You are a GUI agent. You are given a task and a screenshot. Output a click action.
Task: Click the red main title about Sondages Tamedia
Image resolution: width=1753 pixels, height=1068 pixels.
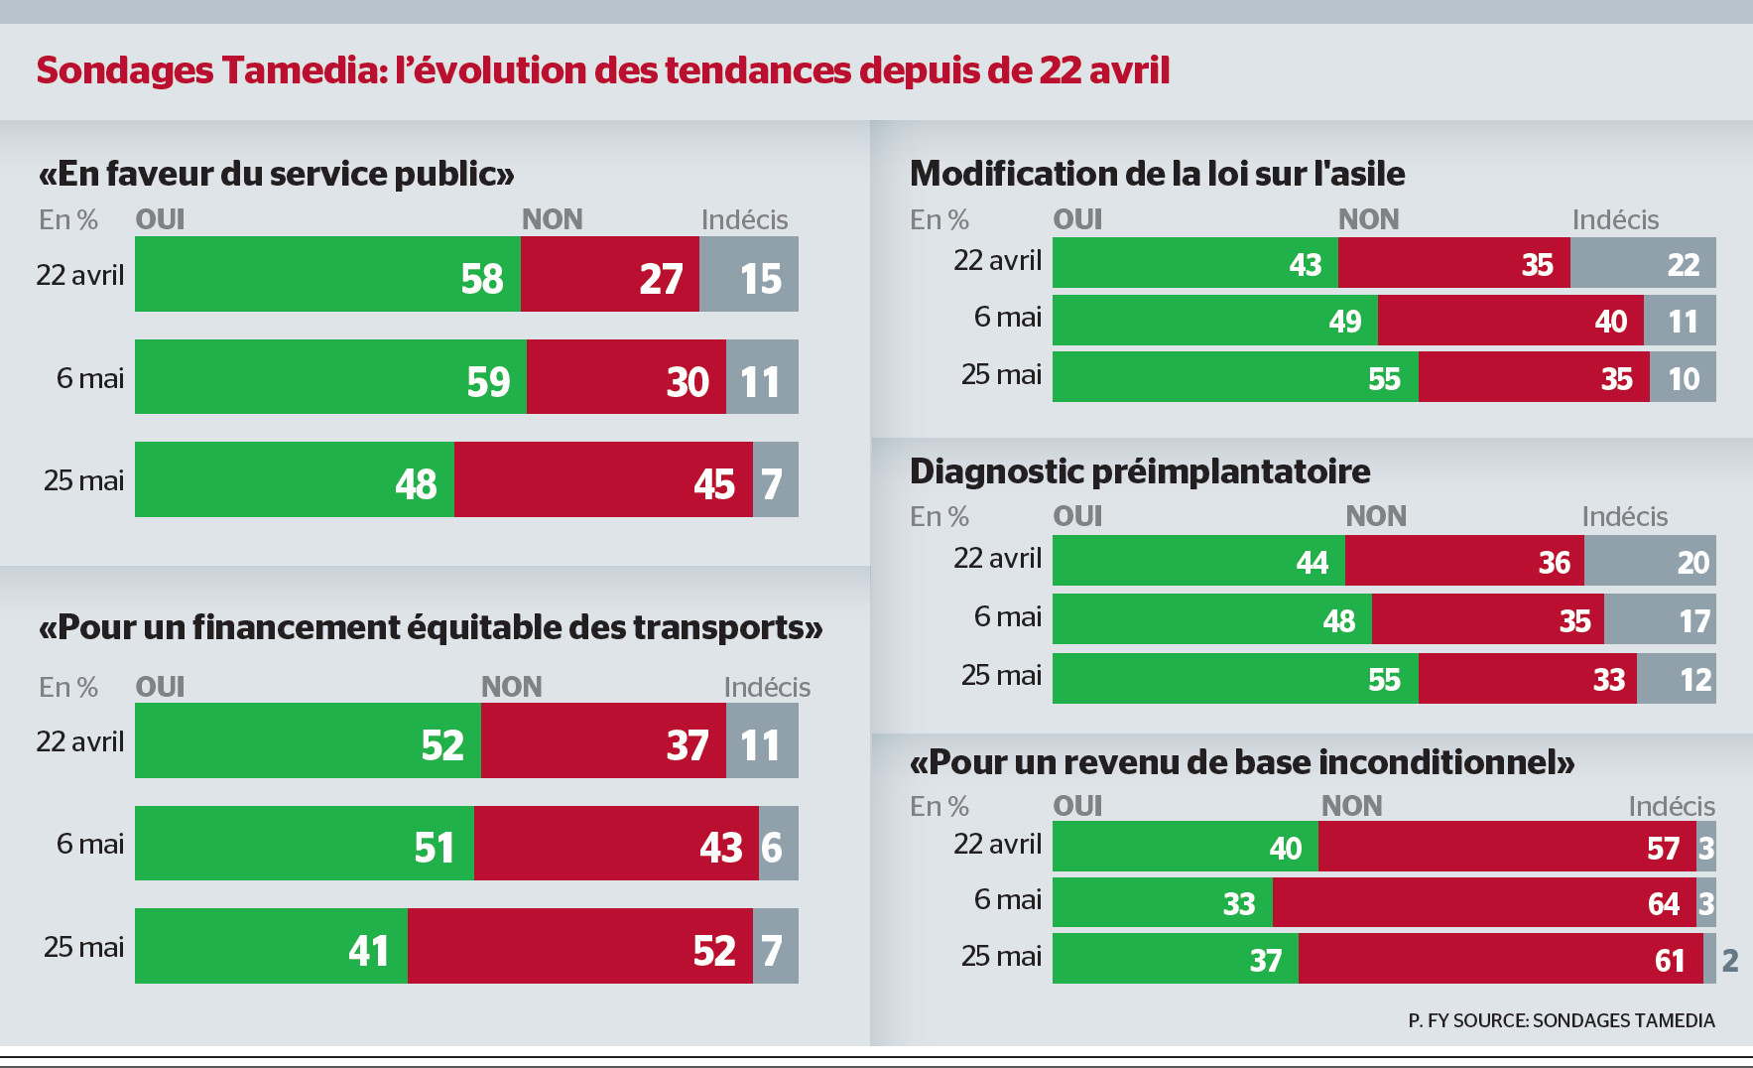pos(603,70)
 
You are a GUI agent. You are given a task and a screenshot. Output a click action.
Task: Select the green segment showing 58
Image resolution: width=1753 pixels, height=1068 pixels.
pos(327,274)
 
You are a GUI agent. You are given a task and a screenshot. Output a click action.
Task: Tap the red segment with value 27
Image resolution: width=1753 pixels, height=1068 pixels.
pos(609,274)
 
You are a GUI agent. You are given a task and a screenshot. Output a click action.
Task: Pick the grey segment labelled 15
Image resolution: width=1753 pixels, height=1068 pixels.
pos(749,274)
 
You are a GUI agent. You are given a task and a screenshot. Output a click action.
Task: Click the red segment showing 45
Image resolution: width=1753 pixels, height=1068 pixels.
pos(603,479)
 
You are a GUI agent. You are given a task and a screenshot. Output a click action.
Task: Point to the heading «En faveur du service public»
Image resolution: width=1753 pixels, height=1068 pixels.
pos(276,174)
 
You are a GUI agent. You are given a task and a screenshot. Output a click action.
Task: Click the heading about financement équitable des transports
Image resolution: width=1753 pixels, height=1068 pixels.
pos(431,627)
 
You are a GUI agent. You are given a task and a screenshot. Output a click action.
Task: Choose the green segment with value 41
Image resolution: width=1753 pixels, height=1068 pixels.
pos(271,946)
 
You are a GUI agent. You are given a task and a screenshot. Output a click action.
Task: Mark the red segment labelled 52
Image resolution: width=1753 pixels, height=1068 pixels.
pos(579,946)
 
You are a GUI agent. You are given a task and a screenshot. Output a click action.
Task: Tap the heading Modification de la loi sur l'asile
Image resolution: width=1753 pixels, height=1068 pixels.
pos(1157,174)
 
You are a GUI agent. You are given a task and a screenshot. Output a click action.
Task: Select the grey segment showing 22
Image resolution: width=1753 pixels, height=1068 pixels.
pos(1643,263)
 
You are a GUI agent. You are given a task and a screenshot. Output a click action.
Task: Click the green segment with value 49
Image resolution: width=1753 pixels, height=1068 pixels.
pos(1214,320)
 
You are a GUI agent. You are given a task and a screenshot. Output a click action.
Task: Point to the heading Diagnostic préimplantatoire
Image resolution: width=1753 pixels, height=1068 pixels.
pos(1140,471)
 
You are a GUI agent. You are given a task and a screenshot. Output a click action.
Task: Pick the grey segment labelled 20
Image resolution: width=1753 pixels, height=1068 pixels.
pos(1650,561)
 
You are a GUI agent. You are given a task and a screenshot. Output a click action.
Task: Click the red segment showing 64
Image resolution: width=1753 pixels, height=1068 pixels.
pos(1484,902)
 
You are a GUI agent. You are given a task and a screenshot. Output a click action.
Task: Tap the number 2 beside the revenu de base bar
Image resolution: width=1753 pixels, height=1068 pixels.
pos(1730,960)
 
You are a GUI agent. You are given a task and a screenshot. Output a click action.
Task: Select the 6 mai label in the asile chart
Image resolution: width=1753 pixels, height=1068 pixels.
pos(1007,317)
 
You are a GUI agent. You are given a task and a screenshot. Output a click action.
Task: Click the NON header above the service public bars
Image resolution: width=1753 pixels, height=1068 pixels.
pos(553,219)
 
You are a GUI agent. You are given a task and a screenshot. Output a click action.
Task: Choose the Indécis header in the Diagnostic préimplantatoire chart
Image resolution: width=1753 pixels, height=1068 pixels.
pos(1624,516)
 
